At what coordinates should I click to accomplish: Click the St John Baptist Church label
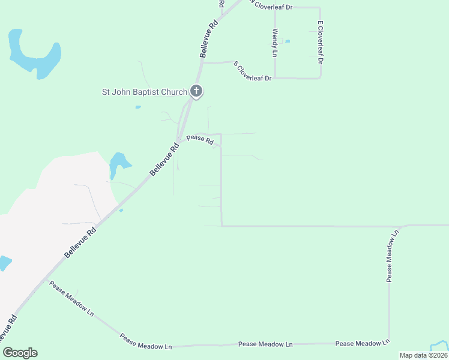144,92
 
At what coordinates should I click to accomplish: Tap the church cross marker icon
196,92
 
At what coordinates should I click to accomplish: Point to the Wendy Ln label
275,43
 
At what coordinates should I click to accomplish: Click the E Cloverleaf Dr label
321,43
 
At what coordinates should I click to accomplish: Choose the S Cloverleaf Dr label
253,70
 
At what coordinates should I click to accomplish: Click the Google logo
20,353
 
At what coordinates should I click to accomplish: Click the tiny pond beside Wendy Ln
288,41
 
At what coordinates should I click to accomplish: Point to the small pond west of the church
138,107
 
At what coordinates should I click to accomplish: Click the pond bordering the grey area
118,164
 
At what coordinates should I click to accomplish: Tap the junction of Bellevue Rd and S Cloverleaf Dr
202,62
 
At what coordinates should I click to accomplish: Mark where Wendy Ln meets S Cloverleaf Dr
275,78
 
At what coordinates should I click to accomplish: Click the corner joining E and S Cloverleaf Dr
321,78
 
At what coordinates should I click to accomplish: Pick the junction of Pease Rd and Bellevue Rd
179,140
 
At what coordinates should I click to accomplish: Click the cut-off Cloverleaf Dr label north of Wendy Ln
271,6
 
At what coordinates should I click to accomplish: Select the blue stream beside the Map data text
440,346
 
